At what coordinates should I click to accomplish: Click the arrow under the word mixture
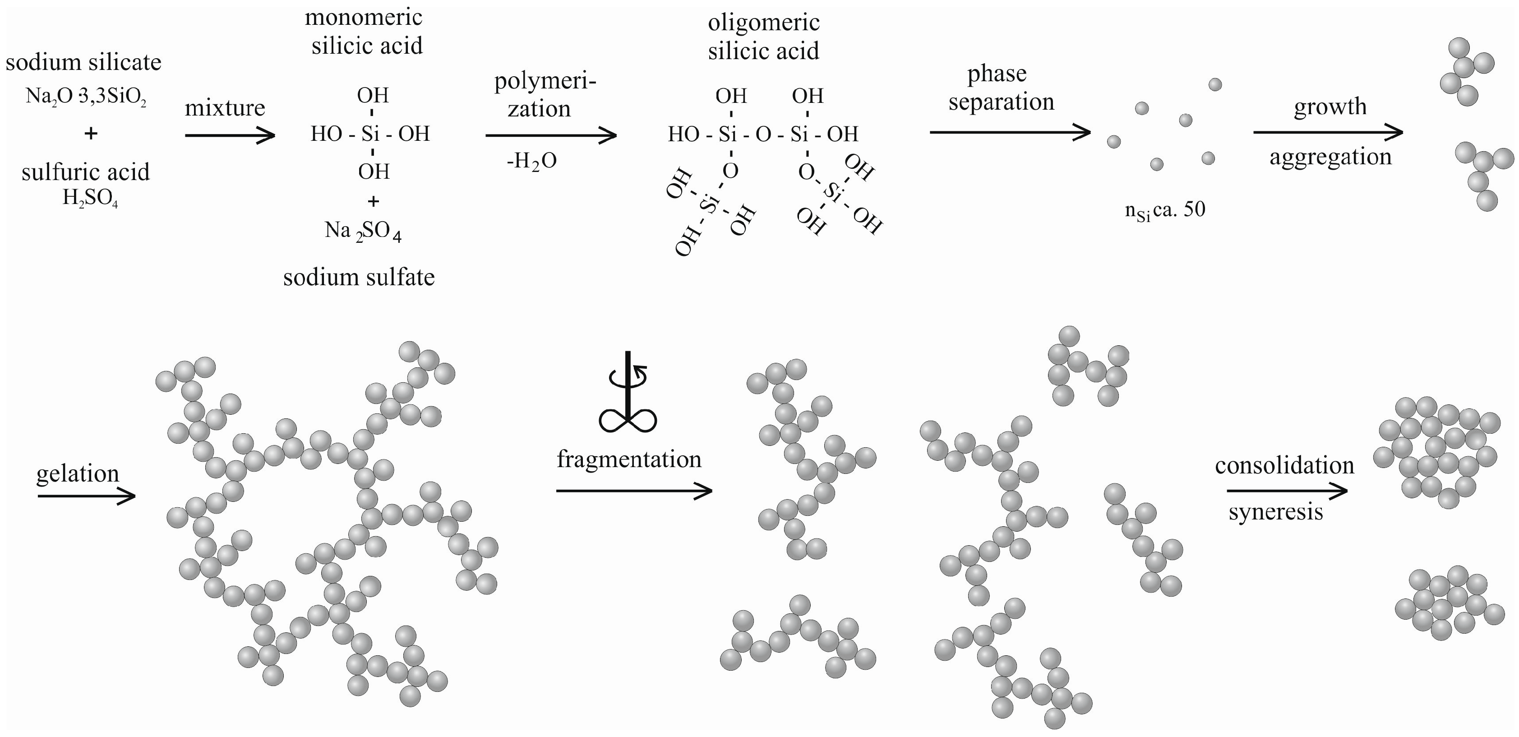click(x=230, y=136)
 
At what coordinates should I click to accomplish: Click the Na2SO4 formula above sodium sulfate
click(x=363, y=231)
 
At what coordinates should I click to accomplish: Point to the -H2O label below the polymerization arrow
click(x=531, y=161)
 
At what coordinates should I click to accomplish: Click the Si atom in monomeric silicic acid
click(x=370, y=134)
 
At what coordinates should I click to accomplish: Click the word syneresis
click(x=1275, y=512)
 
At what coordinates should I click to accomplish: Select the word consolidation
click(x=1284, y=466)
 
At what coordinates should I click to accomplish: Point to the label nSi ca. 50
click(x=1164, y=210)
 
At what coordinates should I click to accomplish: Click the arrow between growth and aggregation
click(x=1328, y=132)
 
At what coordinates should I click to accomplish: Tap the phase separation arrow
click(x=1010, y=132)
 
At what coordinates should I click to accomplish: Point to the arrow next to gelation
click(x=87, y=497)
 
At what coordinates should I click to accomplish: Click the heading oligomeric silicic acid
click(x=764, y=37)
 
